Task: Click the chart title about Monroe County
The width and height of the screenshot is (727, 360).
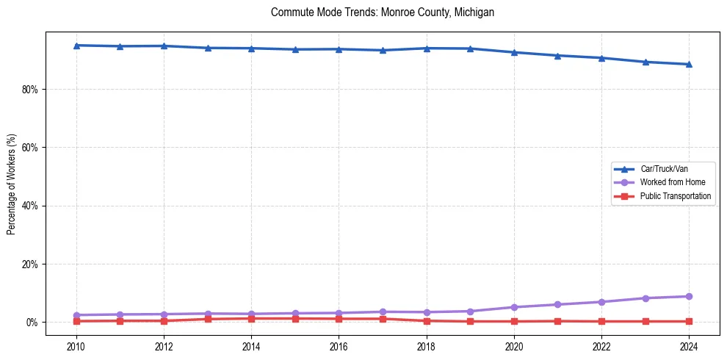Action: pyautogui.click(x=383, y=12)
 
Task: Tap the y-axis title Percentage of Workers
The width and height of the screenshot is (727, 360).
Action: pyautogui.click(x=12, y=184)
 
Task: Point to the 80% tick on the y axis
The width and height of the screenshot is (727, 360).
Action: pyautogui.click(x=32, y=90)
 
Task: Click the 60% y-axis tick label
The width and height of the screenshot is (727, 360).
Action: pyautogui.click(x=32, y=148)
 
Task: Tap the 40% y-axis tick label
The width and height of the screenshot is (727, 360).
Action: pyautogui.click(x=32, y=206)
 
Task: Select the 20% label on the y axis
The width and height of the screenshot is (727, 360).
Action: pyautogui.click(x=32, y=264)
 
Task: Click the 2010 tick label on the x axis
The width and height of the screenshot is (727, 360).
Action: pyautogui.click(x=76, y=347)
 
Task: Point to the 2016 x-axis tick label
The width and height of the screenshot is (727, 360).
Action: pyautogui.click(x=339, y=347)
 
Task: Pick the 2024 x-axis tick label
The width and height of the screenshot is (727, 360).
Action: pyautogui.click(x=689, y=347)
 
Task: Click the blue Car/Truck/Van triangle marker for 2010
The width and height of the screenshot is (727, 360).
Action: pyautogui.click(x=76, y=46)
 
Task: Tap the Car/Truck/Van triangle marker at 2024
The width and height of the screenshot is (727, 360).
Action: pyautogui.click(x=689, y=64)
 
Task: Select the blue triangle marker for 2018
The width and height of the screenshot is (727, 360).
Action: pyautogui.click(x=427, y=48)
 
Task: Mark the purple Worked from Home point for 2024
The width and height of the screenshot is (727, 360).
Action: pyautogui.click(x=689, y=297)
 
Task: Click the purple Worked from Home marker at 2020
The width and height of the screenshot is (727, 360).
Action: pyautogui.click(x=514, y=307)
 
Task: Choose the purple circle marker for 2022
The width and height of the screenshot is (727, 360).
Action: pyautogui.click(x=601, y=302)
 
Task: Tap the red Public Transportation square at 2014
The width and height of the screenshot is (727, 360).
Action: pyautogui.click(x=251, y=318)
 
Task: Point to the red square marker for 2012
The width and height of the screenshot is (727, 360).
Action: pyautogui.click(x=164, y=321)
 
